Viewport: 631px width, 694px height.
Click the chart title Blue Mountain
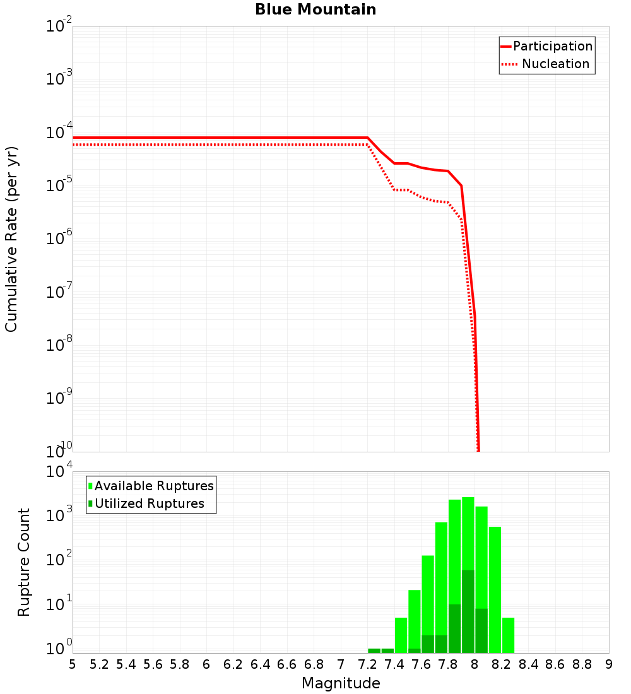point(315,9)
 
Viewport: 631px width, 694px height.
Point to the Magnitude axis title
point(341,683)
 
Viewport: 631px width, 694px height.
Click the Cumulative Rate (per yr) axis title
point(11,239)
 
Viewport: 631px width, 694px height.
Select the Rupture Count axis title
point(24,562)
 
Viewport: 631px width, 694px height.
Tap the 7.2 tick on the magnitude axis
point(367,664)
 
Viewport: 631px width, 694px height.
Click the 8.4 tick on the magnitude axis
point(528,664)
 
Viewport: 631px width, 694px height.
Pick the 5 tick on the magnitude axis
point(73,664)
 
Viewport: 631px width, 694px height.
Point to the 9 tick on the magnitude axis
point(609,664)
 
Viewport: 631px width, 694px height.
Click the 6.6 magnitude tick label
point(287,664)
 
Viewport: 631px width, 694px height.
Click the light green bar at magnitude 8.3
point(508,635)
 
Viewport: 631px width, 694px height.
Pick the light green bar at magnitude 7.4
point(401,635)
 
